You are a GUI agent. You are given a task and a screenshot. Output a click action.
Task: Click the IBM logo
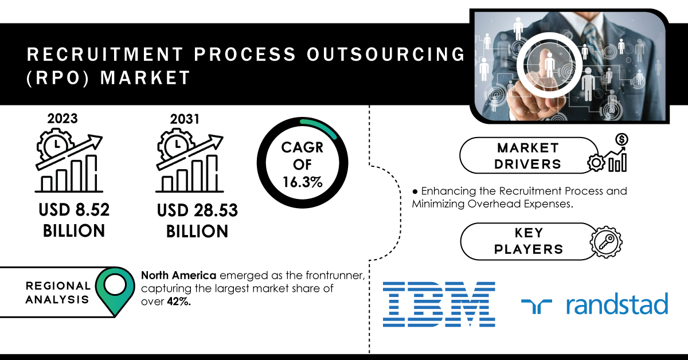click(x=439, y=304)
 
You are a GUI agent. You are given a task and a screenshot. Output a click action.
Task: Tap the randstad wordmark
click(x=617, y=303)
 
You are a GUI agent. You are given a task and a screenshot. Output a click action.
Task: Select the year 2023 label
click(x=62, y=119)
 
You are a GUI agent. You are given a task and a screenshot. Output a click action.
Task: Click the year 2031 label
click(x=185, y=119)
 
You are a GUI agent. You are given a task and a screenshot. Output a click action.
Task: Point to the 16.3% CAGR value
click(x=303, y=182)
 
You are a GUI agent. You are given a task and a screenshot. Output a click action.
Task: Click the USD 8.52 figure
click(x=74, y=210)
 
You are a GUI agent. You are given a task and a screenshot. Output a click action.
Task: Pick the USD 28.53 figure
click(x=197, y=210)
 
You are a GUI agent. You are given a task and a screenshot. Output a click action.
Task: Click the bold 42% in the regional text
click(x=179, y=302)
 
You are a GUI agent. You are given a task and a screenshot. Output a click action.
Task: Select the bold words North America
click(x=178, y=275)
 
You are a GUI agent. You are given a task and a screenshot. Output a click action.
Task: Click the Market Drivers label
click(x=527, y=156)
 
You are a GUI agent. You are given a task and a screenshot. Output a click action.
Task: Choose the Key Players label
click(x=529, y=241)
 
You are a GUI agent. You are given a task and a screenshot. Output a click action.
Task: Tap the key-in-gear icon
click(x=606, y=242)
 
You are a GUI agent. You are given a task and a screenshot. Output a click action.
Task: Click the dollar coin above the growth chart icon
click(x=621, y=140)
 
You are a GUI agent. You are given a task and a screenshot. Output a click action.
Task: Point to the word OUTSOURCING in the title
click(x=386, y=54)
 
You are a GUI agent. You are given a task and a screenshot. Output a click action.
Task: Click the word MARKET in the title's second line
click(x=145, y=77)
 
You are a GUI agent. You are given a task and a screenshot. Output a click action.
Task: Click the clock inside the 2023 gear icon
click(x=56, y=145)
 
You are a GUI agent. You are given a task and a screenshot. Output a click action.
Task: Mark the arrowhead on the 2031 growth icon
click(x=217, y=140)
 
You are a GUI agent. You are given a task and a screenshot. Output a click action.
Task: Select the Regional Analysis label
click(x=58, y=292)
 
